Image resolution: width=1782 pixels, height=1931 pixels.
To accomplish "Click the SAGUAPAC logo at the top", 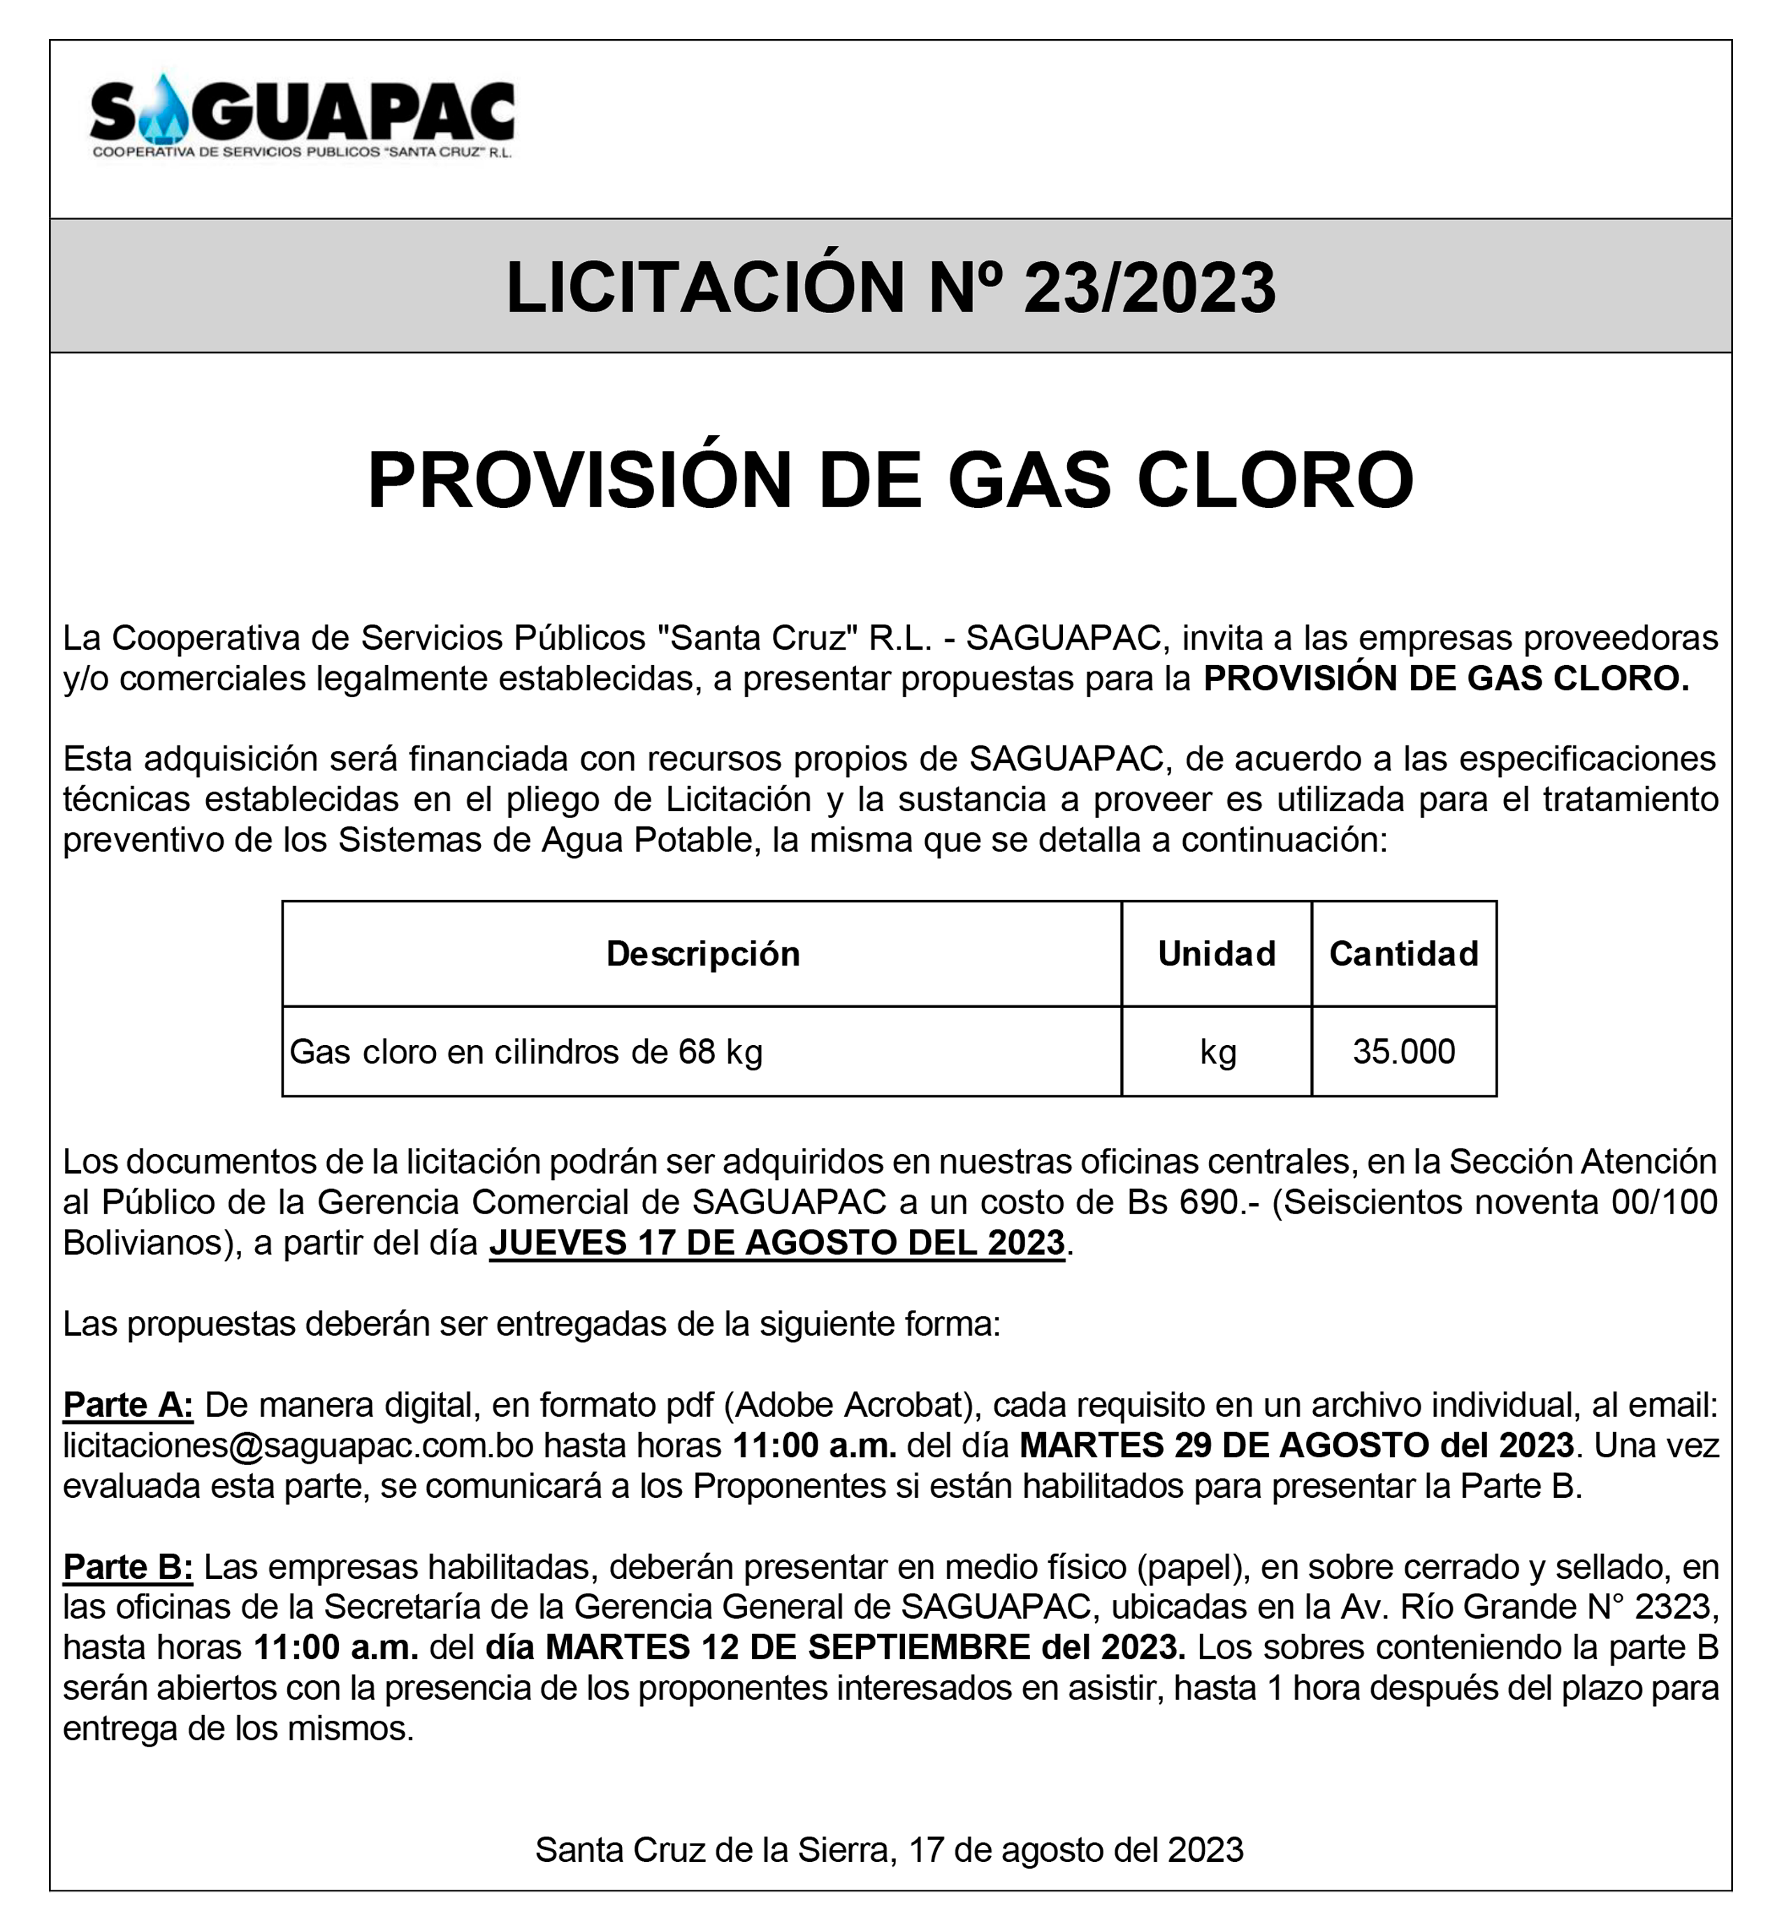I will point(302,119).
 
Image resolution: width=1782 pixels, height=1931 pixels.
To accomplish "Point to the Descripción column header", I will point(702,954).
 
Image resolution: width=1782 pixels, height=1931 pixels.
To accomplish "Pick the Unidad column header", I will point(1216,954).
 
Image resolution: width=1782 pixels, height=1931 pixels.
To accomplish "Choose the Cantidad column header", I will point(1403,954).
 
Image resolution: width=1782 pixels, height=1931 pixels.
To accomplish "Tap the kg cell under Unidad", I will point(1217,1052).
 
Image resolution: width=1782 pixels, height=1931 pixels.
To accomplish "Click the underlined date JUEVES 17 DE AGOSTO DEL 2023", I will point(776,1243).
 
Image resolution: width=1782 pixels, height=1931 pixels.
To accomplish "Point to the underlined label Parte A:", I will point(129,1406).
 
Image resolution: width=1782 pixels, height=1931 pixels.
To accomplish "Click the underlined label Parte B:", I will point(129,1568).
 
